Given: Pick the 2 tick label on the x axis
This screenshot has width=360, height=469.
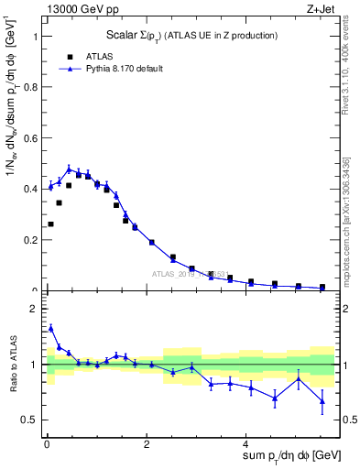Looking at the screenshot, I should [147, 444].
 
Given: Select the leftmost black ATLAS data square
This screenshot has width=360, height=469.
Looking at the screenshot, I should [50, 224].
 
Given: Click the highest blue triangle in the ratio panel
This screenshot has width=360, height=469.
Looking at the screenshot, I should [50, 327].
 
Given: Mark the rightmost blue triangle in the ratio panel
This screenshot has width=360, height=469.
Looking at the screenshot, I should [322, 400].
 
